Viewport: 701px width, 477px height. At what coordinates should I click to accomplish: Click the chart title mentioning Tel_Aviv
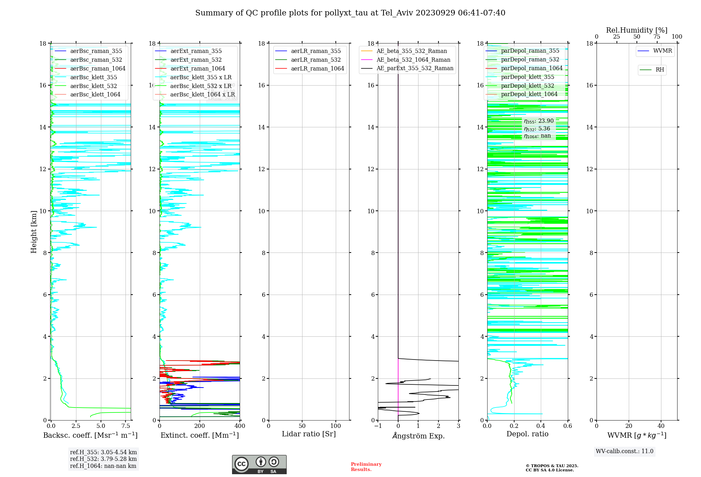pyautogui.click(x=350, y=13)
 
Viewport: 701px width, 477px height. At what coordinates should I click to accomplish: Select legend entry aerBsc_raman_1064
pyautogui.click(x=97, y=68)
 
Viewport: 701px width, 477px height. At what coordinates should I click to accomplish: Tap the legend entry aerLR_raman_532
pyautogui.click(x=315, y=60)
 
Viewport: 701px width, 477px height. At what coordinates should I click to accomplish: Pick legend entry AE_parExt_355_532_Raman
pyautogui.click(x=415, y=68)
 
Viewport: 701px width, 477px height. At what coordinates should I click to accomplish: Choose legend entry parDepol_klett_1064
pyautogui.click(x=529, y=94)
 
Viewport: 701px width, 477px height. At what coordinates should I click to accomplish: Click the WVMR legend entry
pyautogui.click(x=662, y=51)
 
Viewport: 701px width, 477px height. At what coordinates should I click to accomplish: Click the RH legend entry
pyautogui.click(x=659, y=70)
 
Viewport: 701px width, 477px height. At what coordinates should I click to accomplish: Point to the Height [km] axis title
pyautogui.click(x=34, y=231)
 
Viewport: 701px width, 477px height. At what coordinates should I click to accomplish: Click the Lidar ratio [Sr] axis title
pyautogui.click(x=308, y=434)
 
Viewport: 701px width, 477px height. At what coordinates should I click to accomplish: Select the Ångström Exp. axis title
pyautogui.click(x=418, y=436)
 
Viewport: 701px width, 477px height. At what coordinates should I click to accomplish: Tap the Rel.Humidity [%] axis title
pyautogui.click(x=637, y=30)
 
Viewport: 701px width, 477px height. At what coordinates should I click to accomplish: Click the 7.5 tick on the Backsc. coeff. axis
pyautogui.click(x=126, y=426)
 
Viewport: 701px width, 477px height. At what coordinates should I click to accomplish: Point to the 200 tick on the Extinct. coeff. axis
pyautogui.click(x=200, y=426)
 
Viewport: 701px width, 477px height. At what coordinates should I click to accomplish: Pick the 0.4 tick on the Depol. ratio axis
pyautogui.click(x=541, y=426)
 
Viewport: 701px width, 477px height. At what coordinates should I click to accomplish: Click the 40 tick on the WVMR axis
pyautogui.click(x=661, y=426)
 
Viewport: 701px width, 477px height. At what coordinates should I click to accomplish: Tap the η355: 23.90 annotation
pyautogui.click(x=539, y=121)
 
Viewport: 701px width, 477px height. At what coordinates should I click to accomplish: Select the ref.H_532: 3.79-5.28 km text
pyautogui.click(x=103, y=459)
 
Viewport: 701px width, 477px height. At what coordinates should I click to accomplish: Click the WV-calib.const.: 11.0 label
pyautogui.click(x=624, y=451)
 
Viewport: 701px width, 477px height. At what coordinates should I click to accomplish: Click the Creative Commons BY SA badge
pyautogui.click(x=259, y=464)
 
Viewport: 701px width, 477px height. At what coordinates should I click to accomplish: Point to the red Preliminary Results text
pyautogui.click(x=366, y=466)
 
